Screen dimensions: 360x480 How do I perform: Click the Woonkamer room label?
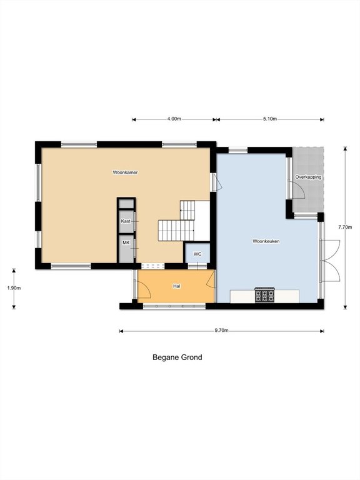click(125, 172)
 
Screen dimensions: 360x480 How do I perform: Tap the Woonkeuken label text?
click(266, 241)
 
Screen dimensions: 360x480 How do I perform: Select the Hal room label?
click(177, 286)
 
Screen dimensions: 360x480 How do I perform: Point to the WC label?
click(197, 254)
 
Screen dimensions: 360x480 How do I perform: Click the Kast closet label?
click(126, 221)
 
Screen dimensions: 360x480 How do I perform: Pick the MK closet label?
click(126, 242)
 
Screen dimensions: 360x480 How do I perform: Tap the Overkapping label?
click(308, 177)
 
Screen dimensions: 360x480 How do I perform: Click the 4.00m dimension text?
click(174, 119)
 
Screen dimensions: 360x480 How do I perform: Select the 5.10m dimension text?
click(270, 119)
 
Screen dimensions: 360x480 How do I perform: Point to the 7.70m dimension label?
click(345, 227)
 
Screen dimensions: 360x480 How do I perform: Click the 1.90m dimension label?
click(14, 288)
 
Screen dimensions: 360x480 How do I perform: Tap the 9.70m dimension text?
click(222, 330)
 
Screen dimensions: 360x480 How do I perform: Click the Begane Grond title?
click(177, 357)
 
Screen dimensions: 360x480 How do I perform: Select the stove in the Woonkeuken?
click(265, 295)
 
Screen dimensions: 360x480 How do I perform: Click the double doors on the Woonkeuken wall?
click(330, 261)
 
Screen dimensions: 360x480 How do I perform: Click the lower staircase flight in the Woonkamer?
click(176, 230)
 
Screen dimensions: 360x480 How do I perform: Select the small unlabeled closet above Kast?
click(126, 204)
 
